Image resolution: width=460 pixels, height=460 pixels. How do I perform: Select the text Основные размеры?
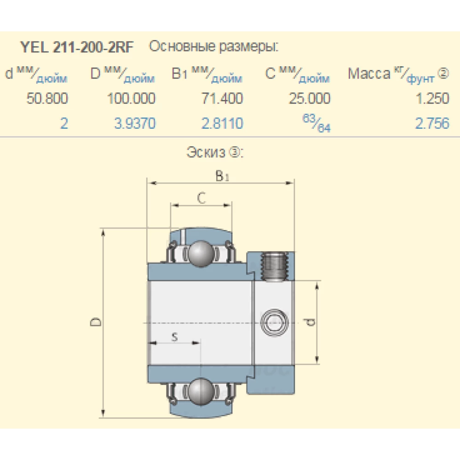(x=214, y=47)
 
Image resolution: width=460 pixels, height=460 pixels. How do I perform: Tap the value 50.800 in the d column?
(x=47, y=98)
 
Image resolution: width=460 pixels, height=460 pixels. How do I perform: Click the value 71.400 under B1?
(x=222, y=98)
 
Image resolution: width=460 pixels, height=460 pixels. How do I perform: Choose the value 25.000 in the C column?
(x=309, y=98)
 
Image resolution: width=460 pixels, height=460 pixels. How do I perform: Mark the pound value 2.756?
(x=432, y=123)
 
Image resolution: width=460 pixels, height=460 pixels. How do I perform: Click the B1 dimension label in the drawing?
(x=222, y=176)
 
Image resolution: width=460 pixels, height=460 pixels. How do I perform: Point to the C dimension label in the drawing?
(x=201, y=198)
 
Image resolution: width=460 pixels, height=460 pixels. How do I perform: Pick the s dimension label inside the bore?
(x=174, y=337)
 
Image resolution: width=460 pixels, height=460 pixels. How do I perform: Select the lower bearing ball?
(x=201, y=389)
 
